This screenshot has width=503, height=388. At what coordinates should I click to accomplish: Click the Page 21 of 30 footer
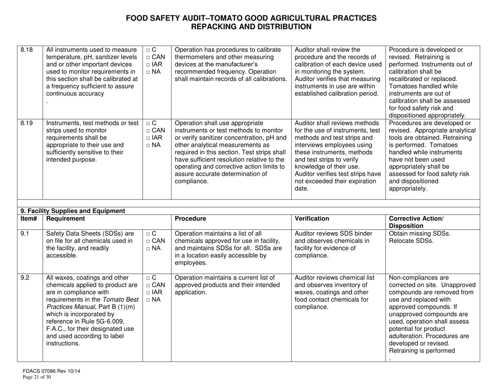click(35, 379)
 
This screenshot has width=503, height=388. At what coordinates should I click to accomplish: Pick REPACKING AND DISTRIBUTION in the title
click(251, 26)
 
